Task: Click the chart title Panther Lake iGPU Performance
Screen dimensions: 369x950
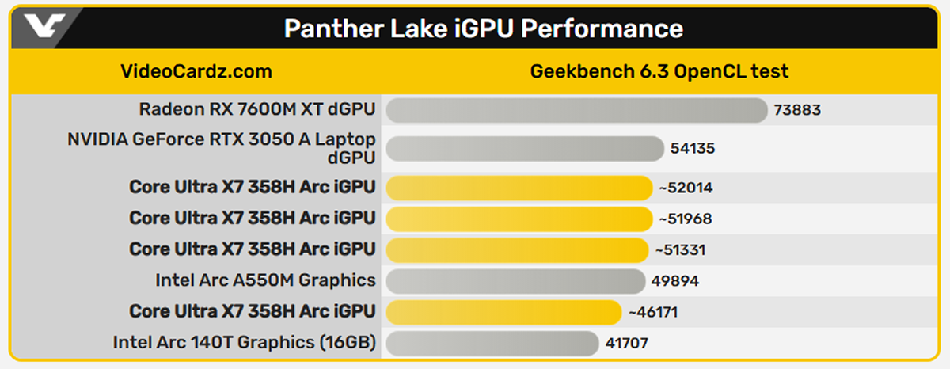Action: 483,29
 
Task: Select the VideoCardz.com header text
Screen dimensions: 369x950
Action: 196,72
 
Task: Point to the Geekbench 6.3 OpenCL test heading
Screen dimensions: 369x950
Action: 659,72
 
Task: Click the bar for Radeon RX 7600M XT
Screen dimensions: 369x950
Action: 576,109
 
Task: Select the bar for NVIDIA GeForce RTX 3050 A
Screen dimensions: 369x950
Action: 524,148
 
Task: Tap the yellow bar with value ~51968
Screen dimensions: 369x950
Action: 519,218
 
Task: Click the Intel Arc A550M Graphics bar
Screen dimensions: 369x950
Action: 515,280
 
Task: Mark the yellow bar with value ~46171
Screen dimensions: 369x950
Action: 503,312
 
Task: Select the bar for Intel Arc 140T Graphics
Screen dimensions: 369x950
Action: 492,343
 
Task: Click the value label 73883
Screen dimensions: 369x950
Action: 797,110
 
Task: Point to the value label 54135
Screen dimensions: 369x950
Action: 692,148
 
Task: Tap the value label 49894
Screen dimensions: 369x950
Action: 674,280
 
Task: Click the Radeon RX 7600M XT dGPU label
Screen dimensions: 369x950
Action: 257,108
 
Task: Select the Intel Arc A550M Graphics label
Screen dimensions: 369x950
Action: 266,280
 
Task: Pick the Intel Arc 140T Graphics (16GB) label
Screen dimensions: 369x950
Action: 244,343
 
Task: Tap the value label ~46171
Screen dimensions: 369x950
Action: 652,312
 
